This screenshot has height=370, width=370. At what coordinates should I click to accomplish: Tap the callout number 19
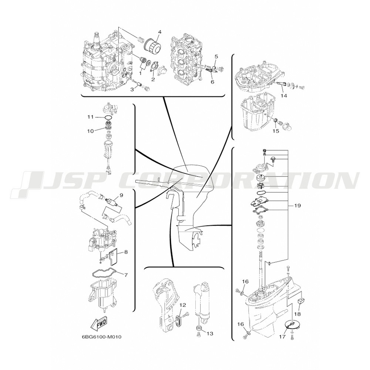[x=297, y=205]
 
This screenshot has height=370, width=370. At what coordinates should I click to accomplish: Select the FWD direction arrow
[x=98, y=322]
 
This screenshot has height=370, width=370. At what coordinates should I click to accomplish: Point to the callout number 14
[x=284, y=96]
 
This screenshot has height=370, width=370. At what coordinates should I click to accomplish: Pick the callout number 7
[x=126, y=275]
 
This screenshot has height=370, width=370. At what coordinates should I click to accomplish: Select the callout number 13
[x=210, y=333]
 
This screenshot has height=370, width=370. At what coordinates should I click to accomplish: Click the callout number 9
[x=121, y=195]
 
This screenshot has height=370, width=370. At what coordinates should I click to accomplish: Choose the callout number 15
[x=276, y=131]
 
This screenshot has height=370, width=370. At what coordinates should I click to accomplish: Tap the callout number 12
[x=183, y=305]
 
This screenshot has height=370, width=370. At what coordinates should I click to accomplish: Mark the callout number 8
[x=126, y=252]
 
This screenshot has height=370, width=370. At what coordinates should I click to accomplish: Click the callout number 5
[x=216, y=56]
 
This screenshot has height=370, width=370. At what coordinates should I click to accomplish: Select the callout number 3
[x=132, y=89]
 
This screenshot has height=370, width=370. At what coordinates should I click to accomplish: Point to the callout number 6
[x=212, y=82]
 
